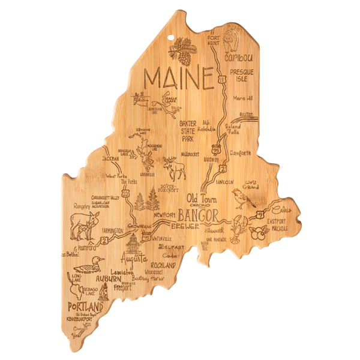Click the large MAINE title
point(179,79)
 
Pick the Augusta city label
point(133,259)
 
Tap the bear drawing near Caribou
point(231,40)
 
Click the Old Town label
point(200,198)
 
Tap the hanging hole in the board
point(176,41)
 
